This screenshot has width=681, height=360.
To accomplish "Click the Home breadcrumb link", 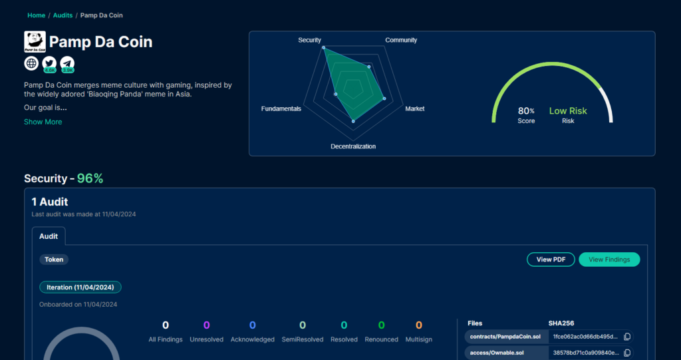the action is coord(36,15).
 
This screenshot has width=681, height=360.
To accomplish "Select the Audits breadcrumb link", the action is coord(63,15).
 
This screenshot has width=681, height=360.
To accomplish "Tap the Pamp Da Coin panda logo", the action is coord(35,42).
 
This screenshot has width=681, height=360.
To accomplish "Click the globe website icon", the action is coord(31,63).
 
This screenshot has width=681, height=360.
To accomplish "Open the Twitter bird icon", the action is coord(49,63).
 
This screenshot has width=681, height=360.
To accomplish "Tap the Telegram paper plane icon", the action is coord(67,63).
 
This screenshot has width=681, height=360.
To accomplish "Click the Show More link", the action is coord(43,122).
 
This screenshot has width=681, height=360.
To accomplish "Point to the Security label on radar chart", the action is coord(309,40).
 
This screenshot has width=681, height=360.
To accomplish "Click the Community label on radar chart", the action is coord(401,40).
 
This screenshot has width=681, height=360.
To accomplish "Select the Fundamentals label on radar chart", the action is coord(281,108).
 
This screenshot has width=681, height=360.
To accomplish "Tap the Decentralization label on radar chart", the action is coord(353,146).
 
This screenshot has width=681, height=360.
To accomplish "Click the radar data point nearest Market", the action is coord(384,98).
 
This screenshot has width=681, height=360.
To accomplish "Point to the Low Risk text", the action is coord(568,111).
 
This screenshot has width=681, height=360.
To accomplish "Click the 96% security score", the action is coord(90,178).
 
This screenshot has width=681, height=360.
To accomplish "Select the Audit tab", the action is coord(49,236).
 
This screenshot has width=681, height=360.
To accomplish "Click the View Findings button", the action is coord(609,260).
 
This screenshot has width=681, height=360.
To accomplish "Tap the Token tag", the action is coord(54,260).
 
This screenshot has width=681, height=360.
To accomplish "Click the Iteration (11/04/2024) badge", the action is coord(80,287).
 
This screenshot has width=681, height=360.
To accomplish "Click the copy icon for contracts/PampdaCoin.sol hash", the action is coord(626,337).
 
